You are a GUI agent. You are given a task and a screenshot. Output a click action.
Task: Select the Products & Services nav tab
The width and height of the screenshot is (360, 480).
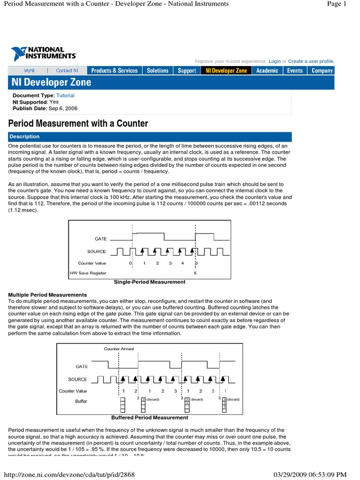point(114,71)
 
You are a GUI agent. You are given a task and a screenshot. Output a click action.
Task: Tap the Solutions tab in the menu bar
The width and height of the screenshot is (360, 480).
point(157,71)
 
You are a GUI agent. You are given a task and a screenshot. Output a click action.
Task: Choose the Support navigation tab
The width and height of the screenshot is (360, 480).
point(187,71)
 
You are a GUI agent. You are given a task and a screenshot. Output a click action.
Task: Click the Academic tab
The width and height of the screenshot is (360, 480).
point(267,71)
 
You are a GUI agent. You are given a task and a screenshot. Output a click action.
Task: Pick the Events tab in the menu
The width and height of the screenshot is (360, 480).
point(295,71)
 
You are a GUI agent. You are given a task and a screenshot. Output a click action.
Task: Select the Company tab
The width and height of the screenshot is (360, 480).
point(322,71)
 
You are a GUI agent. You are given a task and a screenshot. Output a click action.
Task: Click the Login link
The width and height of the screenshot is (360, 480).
point(275,61)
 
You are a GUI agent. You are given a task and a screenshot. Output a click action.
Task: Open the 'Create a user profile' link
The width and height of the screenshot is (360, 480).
point(311,61)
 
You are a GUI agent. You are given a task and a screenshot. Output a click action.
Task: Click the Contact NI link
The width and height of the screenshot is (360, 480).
point(67,71)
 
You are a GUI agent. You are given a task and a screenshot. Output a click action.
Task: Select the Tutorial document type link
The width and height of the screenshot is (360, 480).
point(65,96)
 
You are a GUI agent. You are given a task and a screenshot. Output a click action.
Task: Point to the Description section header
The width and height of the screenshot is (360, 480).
point(26,137)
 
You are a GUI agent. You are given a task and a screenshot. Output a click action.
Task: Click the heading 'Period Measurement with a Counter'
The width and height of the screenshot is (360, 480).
point(79,124)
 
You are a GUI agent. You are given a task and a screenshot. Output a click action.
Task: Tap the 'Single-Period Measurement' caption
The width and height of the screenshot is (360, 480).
point(150,282)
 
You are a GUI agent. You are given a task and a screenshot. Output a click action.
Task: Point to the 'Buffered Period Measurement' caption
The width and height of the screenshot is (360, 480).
point(150,418)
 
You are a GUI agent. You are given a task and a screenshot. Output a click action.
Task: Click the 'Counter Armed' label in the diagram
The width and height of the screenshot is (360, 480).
point(119,349)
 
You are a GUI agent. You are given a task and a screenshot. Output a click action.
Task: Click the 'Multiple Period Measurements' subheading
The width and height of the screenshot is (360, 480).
point(47,295)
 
